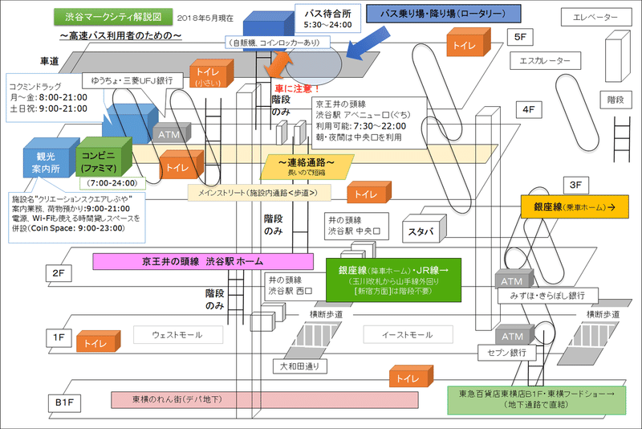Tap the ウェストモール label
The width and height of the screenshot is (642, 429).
pos(177,334)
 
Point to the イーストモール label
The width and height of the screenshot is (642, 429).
pos(408,334)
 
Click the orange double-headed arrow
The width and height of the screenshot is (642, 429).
pos(281,63)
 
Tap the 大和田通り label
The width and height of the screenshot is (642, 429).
pos(299,366)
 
